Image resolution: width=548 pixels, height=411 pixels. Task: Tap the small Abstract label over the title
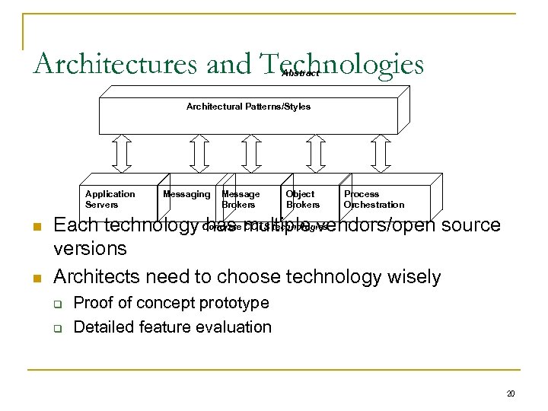300,74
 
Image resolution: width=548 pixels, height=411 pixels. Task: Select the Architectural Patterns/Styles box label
248,107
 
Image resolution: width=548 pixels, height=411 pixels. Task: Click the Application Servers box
110,199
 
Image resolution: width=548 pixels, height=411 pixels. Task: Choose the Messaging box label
186,195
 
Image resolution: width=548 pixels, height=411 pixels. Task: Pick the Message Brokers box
241,199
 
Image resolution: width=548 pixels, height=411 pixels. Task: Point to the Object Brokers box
302,199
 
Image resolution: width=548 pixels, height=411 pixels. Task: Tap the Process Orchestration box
374,199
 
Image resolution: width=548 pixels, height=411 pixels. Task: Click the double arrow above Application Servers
122,152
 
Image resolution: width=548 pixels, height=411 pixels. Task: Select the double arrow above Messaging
199,152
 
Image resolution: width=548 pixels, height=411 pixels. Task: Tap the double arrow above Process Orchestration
381,152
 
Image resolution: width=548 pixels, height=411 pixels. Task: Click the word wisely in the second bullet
416,276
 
